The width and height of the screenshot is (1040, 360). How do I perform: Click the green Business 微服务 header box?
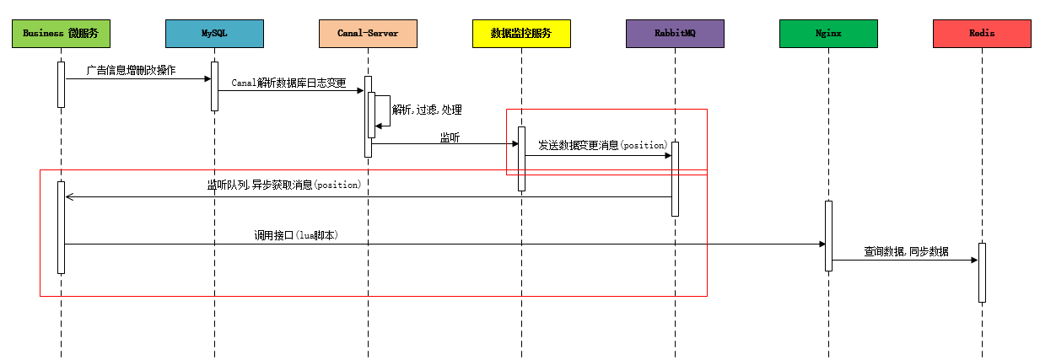(61, 34)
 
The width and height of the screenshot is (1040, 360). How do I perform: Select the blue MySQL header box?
(214, 34)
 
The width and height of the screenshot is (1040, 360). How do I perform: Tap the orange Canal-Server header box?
(368, 34)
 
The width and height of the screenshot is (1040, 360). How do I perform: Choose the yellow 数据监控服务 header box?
(521, 34)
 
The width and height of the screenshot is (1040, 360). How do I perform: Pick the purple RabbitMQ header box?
(675, 34)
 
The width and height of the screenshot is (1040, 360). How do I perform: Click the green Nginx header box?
(828, 34)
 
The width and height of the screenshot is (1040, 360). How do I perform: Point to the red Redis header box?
(982, 34)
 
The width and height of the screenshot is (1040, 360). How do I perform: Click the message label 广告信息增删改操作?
(131, 70)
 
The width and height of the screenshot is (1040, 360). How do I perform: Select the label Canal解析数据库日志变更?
(288, 83)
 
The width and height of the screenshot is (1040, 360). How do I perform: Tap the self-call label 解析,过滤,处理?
(427, 110)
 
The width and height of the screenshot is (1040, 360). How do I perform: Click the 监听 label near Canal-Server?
(450, 137)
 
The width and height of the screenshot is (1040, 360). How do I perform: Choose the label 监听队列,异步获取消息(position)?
(283, 185)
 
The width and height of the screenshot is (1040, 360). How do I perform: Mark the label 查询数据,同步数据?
(906, 251)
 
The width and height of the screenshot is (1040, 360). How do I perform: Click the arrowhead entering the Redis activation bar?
(973, 260)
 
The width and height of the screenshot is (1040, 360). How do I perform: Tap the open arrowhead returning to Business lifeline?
(70, 197)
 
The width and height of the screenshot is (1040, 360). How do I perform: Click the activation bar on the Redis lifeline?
(982, 272)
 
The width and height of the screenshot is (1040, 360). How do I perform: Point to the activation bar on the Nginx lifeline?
(828, 235)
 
